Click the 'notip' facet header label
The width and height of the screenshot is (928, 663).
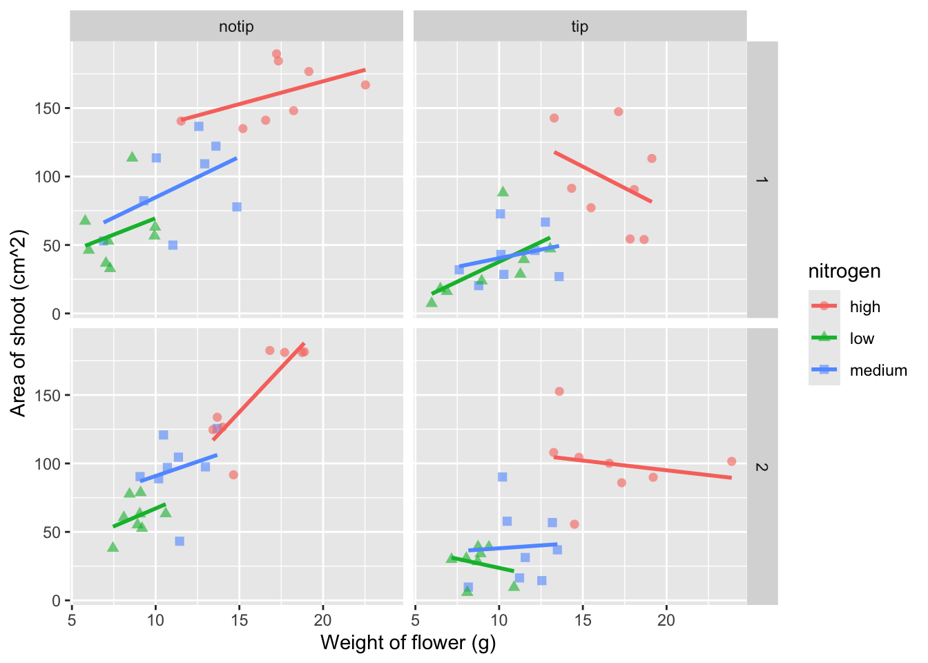pos(236,27)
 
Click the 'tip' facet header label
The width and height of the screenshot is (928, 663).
pos(579,27)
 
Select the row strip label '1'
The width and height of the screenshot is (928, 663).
pos(762,180)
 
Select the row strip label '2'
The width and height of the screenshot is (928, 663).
pos(762,467)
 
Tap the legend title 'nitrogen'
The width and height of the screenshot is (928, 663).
pos(844,271)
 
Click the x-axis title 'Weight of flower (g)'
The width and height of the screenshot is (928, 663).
pos(408,643)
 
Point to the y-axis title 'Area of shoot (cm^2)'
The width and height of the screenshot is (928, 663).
pos(19,323)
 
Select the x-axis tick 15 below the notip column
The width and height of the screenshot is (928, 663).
pos(239,620)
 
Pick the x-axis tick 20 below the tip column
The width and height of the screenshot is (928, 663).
pos(666,620)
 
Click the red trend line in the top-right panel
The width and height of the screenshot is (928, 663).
pos(603,176)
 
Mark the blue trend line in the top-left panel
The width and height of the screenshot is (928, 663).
pos(170,191)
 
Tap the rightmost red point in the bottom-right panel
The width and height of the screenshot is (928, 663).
pos(732,461)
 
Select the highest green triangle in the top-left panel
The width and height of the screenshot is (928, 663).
pos(133,157)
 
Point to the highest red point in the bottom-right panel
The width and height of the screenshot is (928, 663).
pos(559,392)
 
